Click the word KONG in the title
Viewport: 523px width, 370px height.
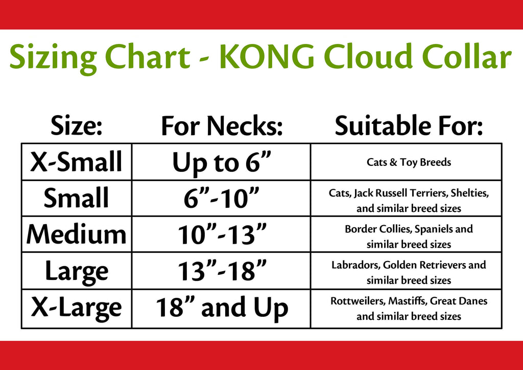pos(267,56)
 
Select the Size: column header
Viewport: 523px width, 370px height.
pos(77,125)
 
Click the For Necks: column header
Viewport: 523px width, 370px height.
pos(222,126)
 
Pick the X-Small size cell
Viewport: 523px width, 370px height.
pos(77,162)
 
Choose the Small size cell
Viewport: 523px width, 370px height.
pos(77,198)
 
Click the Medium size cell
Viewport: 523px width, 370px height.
pos(77,234)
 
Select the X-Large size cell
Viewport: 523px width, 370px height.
pos(77,308)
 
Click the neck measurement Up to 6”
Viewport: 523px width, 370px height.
pos(222,163)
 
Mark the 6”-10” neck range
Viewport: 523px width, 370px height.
pos(222,198)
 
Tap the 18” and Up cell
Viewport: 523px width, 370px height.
pos(222,308)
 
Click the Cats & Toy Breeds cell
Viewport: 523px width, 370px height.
pos(409,162)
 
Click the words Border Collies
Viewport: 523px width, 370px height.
pos(375,229)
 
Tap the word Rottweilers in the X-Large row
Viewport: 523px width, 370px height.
pos(358,301)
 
